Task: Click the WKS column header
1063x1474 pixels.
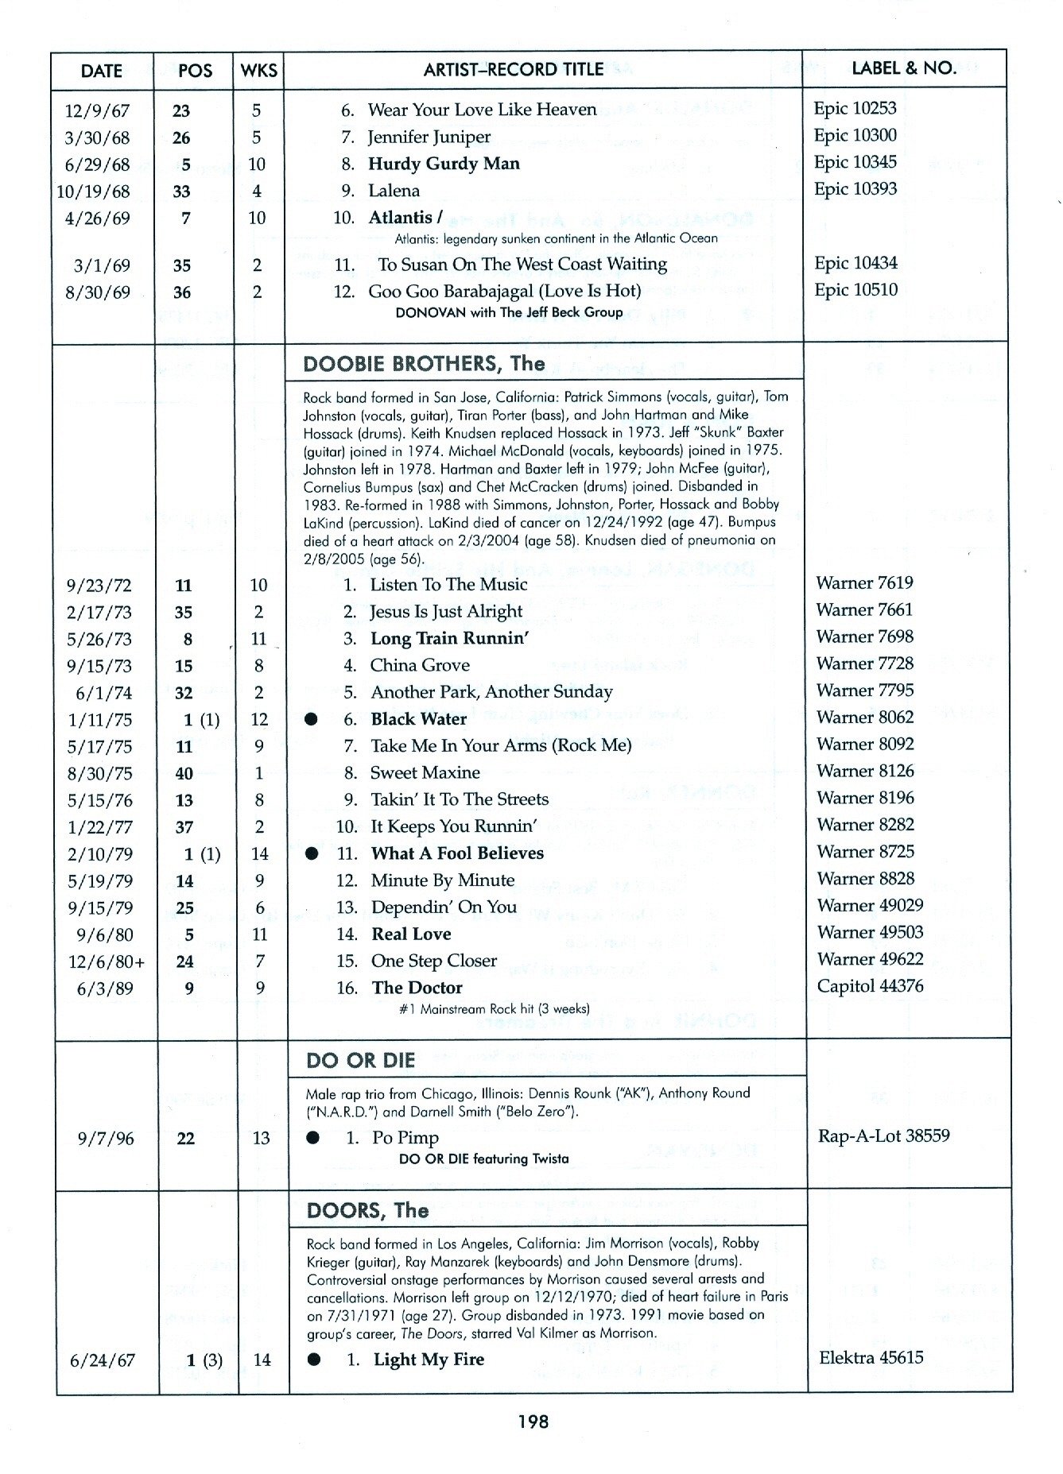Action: [x=259, y=71]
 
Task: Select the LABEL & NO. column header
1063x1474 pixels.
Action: [x=903, y=68]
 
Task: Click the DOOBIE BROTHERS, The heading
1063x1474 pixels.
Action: [x=424, y=364]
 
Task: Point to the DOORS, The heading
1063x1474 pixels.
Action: [x=367, y=1210]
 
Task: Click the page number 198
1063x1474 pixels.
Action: [x=532, y=1421]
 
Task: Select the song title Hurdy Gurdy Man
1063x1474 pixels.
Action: [x=444, y=164]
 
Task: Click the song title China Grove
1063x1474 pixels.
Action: [x=420, y=665]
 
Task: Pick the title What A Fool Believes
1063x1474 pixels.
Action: [x=457, y=853]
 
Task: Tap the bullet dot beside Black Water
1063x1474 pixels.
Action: [x=312, y=719]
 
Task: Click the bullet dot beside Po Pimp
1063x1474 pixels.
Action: [x=314, y=1138]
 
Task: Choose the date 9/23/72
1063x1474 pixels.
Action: [x=99, y=586]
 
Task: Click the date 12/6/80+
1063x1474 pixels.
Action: [x=107, y=962]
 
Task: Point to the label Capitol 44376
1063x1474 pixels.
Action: [x=870, y=986]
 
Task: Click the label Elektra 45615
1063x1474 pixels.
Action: [x=871, y=1357]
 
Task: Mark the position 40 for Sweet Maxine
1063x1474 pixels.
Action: [x=184, y=773]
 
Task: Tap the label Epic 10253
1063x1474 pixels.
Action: [x=855, y=108]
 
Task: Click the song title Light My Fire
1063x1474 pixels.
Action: [x=429, y=1360]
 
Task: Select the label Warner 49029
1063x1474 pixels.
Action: [x=869, y=906]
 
